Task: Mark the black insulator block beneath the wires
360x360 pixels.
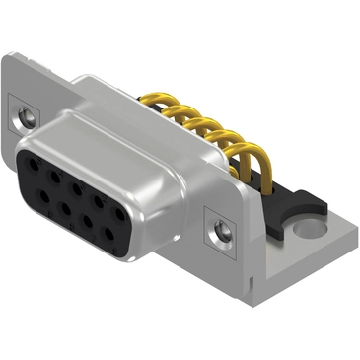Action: pyautogui.click(x=296, y=203)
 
